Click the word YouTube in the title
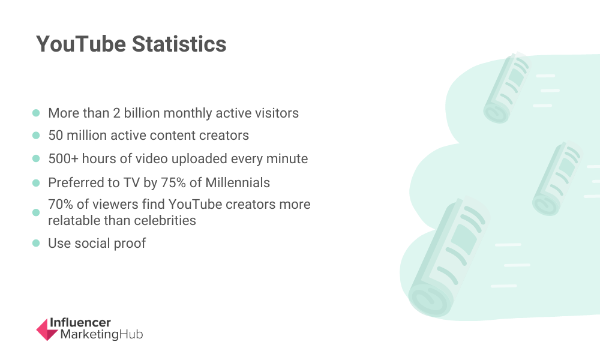click(81, 44)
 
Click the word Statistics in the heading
click(179, 44)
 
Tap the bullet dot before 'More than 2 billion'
click(36, 113)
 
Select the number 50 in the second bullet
click(55, 136)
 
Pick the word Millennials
click(238, 183)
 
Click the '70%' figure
click(61, 204)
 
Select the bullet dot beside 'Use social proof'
click(36, 244)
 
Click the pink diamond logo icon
click(47, 329)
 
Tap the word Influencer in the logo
click(80, 323)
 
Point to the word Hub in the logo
click(131, 334)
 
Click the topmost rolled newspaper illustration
click(506, 88)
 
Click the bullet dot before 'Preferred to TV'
click(36, 183)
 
